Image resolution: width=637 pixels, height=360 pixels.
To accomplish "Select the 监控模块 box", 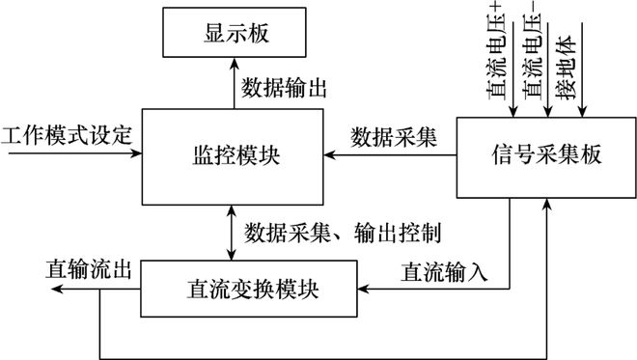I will pos(233,153).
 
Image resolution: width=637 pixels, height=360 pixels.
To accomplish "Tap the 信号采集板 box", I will pos(543,154).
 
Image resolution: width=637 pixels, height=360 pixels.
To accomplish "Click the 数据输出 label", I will pos(285,90).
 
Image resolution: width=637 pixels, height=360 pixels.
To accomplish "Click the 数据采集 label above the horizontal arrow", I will pos(394,136).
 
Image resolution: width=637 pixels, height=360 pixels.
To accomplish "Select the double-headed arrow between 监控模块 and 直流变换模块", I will pos(231,232).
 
